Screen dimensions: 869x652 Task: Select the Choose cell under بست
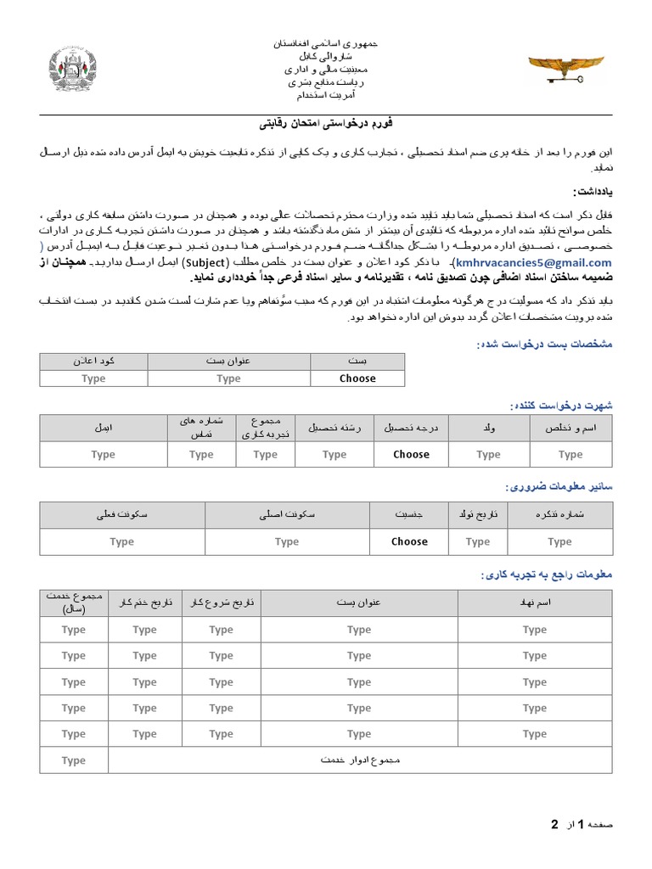(x=357, y=378)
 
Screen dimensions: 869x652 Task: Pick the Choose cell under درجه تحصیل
(x=411, y=454)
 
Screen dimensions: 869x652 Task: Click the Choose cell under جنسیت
(x=409, y=541)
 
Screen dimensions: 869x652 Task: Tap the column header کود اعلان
(x=93, y=361)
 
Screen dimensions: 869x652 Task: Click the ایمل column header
(x=103, y=429)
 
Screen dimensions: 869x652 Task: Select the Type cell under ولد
(x=488, y=455)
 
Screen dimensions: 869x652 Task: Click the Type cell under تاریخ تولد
(x=478, y=541)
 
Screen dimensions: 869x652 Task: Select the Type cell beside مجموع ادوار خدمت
(x=74, y=760)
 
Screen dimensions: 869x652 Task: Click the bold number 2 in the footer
(x=555, y=824)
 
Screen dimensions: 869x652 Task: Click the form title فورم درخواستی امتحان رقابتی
(x=326, y=124)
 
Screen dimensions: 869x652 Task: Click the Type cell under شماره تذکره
(x=559, y=541)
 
